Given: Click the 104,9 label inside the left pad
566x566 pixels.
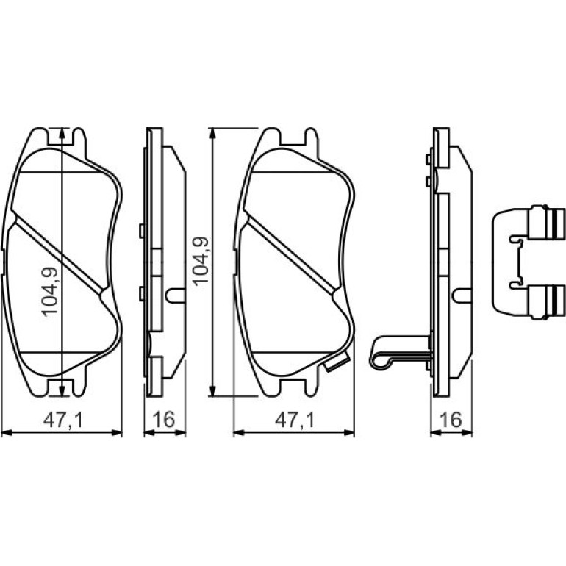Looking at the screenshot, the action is coord(49,292).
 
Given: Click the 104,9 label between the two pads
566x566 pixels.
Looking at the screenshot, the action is coord(201,262).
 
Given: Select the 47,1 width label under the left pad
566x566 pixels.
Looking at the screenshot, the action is coord(63,420).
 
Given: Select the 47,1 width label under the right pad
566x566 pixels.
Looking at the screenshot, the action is coord(295,420).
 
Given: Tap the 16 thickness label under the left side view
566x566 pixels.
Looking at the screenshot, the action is coord(163,420).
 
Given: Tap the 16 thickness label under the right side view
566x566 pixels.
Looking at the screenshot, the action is coord(451,420).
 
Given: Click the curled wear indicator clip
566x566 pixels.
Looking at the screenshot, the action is coord(399,353).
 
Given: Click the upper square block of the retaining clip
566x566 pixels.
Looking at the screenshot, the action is coord(545,223).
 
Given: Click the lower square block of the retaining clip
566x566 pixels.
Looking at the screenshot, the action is coord(545,301).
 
